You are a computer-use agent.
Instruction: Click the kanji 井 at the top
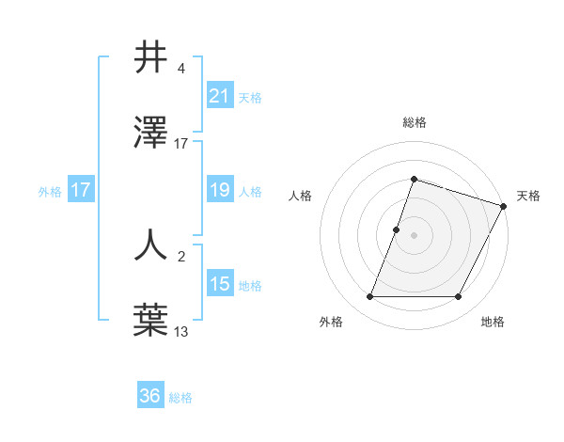tap(151, 58)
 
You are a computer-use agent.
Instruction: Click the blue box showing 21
tap(219, 95)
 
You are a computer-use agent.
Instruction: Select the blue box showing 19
tap(219, 190)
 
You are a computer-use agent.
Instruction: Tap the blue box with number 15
tap(219, 284)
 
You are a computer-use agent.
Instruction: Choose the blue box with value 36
tap(149, 396)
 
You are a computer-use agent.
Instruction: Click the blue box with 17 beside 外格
tap(81, 190)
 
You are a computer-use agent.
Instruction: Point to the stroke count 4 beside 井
tap(180, 69)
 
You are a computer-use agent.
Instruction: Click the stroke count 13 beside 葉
tap(180, 331)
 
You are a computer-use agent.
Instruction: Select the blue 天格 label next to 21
tap(250, 97)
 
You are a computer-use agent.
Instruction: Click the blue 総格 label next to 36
tap(180, 398)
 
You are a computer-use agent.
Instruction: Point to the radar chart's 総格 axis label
tap(414, 123)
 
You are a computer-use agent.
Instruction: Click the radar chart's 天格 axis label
tap(528, 196)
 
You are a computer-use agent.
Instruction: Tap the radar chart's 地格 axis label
tap(493, 323)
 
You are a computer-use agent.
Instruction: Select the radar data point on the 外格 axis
tap(369, 297)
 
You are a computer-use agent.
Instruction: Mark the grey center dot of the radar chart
tap(414, 235)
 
